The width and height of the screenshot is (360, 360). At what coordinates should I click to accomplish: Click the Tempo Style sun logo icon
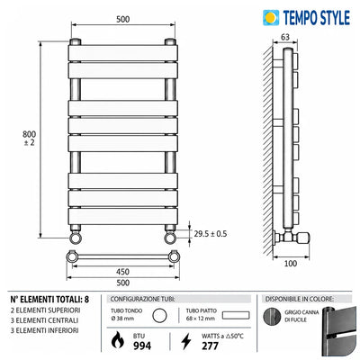tap(271, 18)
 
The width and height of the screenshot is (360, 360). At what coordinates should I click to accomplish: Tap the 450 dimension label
tap(123, 272)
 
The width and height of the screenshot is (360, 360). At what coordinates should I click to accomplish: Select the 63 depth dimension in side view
tap(285, 37)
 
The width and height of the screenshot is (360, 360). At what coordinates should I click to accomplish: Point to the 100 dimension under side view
tap(291, 264)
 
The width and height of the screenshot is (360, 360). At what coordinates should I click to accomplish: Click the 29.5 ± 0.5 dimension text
tap(211, 234)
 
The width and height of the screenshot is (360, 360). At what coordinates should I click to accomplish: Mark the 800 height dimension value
tap(29, 134)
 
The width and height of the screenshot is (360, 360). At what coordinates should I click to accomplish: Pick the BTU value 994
tap(142, 346)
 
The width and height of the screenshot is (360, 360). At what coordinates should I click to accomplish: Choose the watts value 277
tap(210, 346)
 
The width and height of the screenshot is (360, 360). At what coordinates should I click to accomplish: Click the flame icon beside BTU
tap(118, 341)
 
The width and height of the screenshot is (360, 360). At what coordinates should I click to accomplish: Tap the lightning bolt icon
tap(186, 341)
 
